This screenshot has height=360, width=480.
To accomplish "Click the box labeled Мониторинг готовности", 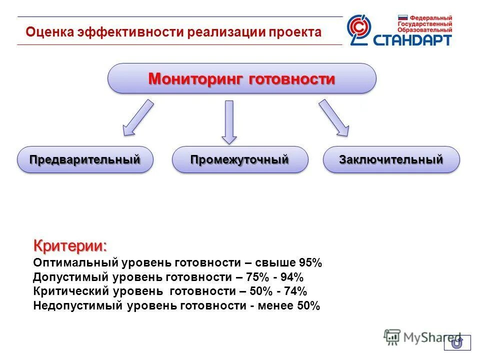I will [242, 78].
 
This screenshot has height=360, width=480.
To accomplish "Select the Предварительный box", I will [84, 160].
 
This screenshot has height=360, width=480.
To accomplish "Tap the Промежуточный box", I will [240, 160].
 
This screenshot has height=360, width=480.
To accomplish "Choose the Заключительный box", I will [391, 160].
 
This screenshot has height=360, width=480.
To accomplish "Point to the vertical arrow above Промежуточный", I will [229, 122].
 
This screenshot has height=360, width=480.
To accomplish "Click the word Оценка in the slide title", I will [49, 32].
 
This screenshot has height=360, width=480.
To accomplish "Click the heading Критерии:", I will [70, 246].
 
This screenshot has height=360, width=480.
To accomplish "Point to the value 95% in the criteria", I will [310, 263].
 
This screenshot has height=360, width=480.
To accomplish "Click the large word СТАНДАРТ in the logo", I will [412, 40].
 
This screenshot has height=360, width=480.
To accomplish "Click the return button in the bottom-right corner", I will [457, 342].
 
